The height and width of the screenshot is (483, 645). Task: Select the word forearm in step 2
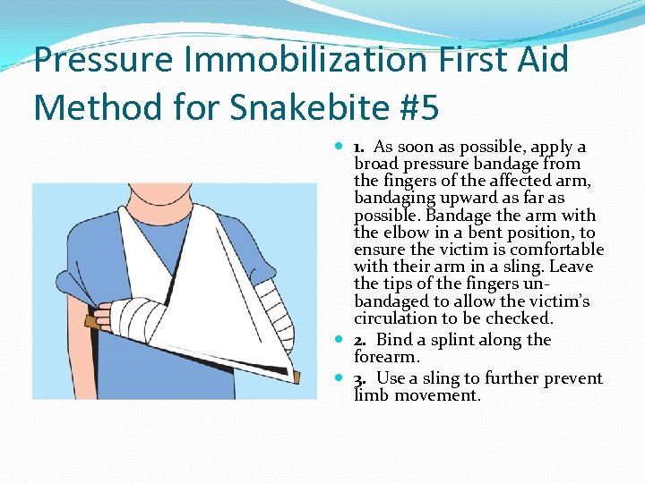pos(387,357)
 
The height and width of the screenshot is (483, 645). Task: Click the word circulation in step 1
pos(395,318)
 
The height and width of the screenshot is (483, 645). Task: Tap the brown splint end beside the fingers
pos(90,319)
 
